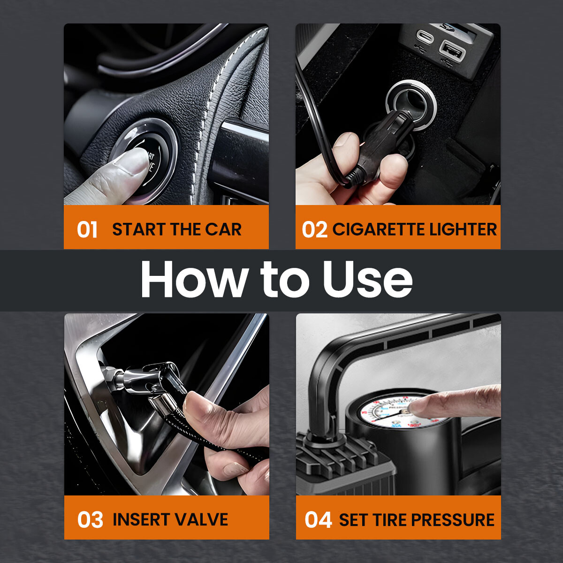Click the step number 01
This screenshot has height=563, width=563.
pos(87,230)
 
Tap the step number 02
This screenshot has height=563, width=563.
pos(314,230)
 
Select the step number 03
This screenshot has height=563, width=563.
pos(90,520)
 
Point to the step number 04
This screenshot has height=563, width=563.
pos(318,520)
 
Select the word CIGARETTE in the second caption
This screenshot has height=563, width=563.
pos(372,229)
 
